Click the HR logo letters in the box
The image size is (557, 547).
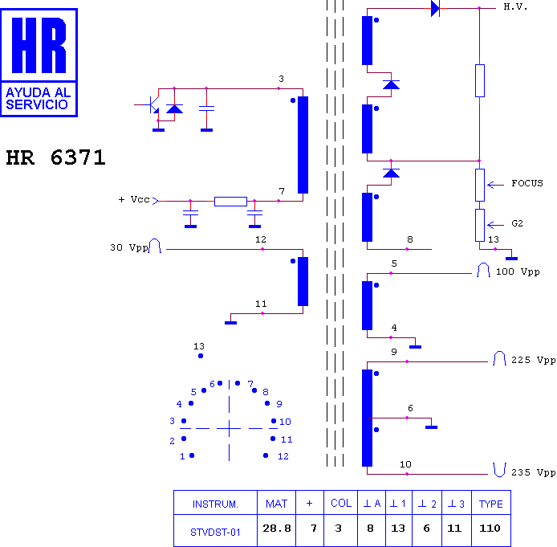39,45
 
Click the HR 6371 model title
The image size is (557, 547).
55,157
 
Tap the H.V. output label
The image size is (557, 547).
515,6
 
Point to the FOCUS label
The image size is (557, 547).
527,183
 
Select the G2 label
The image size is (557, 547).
517,223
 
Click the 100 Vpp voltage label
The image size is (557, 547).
518,272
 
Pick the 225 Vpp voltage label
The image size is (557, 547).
533,360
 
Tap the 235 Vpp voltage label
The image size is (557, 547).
533,472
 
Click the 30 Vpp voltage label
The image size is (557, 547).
129,247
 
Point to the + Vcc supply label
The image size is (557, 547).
134,199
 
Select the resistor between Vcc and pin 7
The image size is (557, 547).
230,202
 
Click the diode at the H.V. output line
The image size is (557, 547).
435,8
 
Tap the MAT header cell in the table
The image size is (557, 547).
276,503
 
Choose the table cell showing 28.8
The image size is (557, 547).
276,529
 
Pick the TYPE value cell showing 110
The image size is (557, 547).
490,529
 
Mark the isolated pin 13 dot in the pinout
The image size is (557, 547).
201,356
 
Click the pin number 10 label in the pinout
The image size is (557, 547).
285,422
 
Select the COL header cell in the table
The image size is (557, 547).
340,503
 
